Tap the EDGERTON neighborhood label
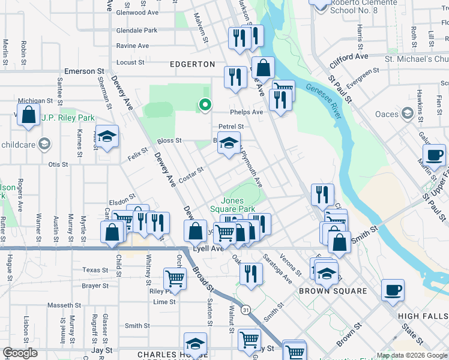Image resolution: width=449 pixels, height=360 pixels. click(x=192, y=64)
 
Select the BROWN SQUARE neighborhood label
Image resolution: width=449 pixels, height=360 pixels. click(x=333, y=291)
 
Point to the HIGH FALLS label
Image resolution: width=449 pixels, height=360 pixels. click(x=423, y=315)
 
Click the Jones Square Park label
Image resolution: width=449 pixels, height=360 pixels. click(x=238, y=205)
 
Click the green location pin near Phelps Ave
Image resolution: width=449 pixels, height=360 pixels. click(x=205, y=105)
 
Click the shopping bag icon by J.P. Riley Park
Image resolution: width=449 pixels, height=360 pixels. click(x=28, y=113)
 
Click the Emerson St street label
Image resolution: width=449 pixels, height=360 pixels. click(x=80, y=71)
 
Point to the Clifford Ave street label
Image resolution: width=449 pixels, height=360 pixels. click(x=349, y=59)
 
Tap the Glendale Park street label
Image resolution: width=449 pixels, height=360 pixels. click(x=136, y=30)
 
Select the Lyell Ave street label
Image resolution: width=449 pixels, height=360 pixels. click(x=208, y=248)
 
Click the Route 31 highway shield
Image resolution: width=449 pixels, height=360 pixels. click(x=246, y=310)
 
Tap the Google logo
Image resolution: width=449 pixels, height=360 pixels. click(x=20, y=353)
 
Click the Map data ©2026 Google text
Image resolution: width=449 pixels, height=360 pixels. click(x=412, y=355)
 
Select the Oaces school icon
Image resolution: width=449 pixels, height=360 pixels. click(x=408, y=113)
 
